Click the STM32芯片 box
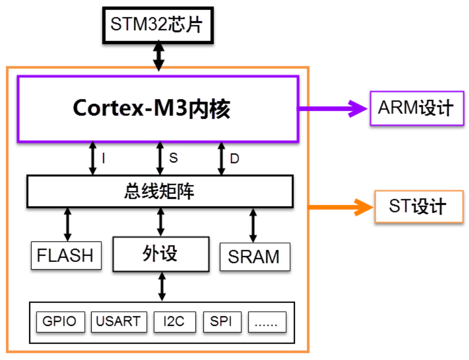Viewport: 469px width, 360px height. coord(157,25)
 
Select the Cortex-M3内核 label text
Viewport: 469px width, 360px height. coord(151,109)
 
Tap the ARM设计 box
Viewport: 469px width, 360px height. coord(417,108)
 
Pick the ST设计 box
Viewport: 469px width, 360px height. coord(418,207)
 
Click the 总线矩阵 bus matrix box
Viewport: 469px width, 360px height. coord(159,191)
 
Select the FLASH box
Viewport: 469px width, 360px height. coord(66,255)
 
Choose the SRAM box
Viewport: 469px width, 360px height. coord(254,256)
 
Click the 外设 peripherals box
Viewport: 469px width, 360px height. coord(160,254)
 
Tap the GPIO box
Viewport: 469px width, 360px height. coord(60,322)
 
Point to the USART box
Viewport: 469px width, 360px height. coord(118,322)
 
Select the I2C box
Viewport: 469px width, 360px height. coord(174,322)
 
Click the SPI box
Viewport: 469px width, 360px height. coord(222,322)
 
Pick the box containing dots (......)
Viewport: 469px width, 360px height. coord(267,322)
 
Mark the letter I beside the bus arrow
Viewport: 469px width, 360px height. coord(103,159)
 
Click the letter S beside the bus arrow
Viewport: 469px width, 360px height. coord(173,158)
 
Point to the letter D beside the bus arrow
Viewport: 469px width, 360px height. coord(234,159)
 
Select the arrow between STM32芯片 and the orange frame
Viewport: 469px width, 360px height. coord(158,56)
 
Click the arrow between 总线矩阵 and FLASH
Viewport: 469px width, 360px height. coord(67,224)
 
